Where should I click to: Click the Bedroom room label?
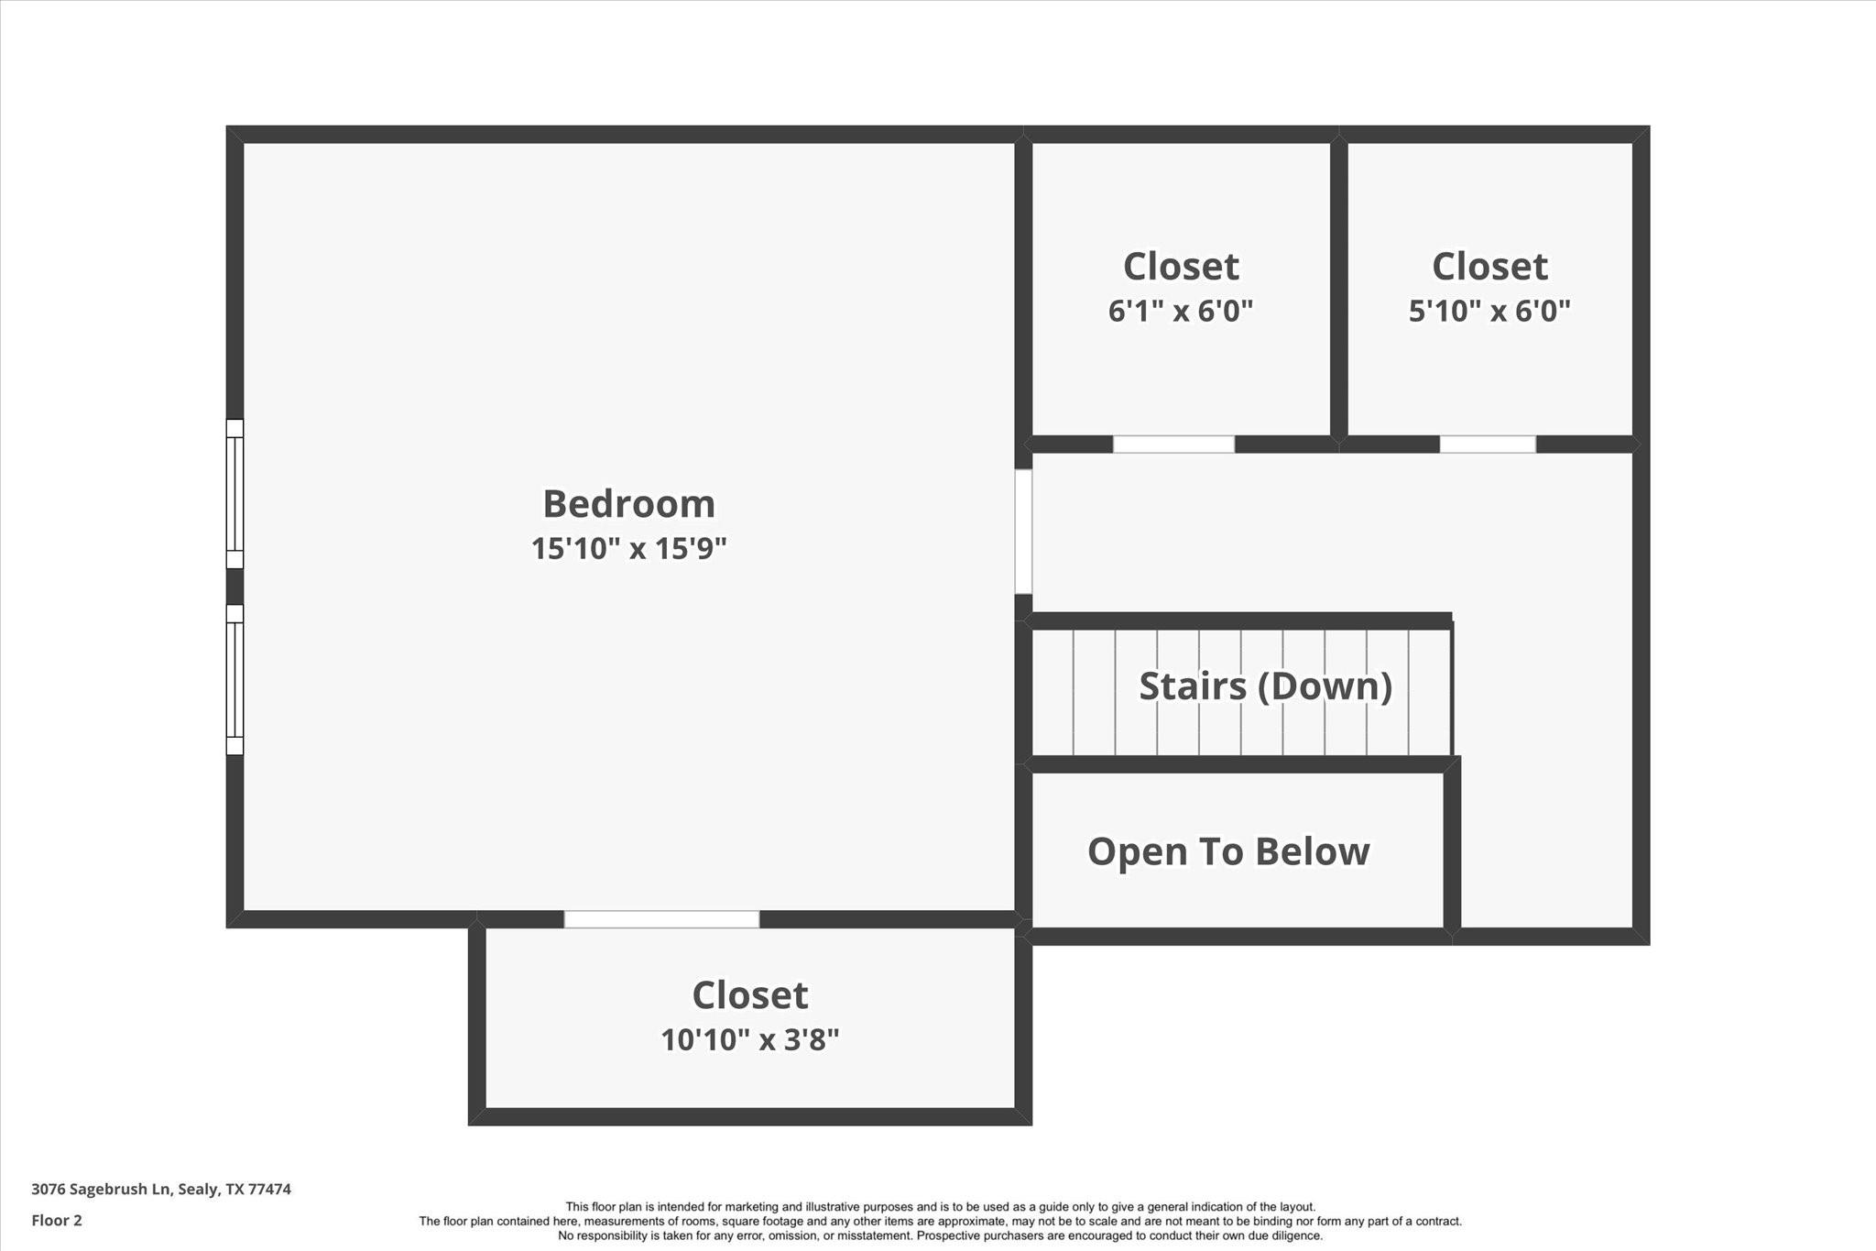pos(628,503)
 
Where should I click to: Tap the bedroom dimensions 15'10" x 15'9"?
pos(628,548)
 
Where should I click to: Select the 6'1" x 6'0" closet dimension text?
pos(1180,311)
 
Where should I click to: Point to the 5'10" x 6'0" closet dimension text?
pos(1489,311)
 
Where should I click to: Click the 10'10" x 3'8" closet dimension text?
pos(750,1039)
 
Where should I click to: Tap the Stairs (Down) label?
pos(1265,686)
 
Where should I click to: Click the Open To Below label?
pos(1228,851)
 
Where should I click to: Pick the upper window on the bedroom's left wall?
pos(235,494)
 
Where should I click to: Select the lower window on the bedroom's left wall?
pos(235,679)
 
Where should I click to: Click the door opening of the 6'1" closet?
pos(1173,444)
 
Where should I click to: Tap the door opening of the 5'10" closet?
pos(1488,444)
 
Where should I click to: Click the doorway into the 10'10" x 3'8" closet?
pos(661,919)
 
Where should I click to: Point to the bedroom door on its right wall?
pos(1023,532)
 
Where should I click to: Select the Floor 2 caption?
pos(57,1220)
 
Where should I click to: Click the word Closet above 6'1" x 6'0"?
pos(1181,267)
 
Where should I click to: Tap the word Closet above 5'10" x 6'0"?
pos(1489,267)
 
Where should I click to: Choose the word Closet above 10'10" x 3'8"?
pos(750,995)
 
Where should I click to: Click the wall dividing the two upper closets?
pos(1339,289)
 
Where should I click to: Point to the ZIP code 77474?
pos(270,1189)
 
